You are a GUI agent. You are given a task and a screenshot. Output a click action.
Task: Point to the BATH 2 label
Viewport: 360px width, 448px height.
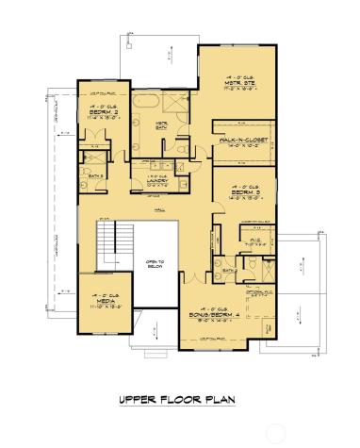pyautogui.click(x=95, y=176)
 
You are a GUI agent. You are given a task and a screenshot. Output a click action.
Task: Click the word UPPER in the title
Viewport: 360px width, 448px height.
pyautogui.click(x=136, y=399)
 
